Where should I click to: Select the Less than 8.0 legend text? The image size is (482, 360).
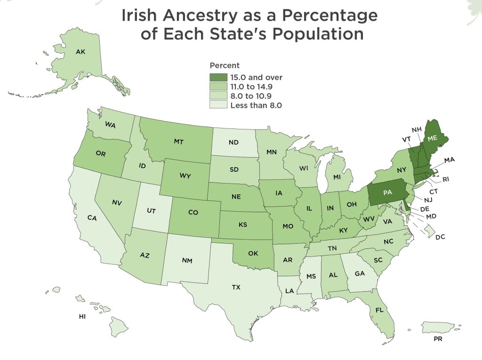(x=256, y=105)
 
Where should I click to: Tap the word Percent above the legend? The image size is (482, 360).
(x=225, y=65)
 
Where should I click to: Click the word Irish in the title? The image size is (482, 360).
(x=139, y=15)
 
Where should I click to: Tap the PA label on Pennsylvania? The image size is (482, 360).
(x=387, y=192)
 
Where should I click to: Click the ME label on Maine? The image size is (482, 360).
(x=432, y=137)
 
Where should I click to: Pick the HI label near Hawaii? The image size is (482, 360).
(x=82, y=316)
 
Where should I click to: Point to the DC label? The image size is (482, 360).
(x=440, y=237)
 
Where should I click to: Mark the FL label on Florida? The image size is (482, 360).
(x=379, y=310)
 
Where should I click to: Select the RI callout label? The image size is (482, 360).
(x=446, y=179)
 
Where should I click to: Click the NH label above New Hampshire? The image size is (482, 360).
(x=416, y=130)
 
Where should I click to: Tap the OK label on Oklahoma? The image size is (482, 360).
(x=253, y=253)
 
